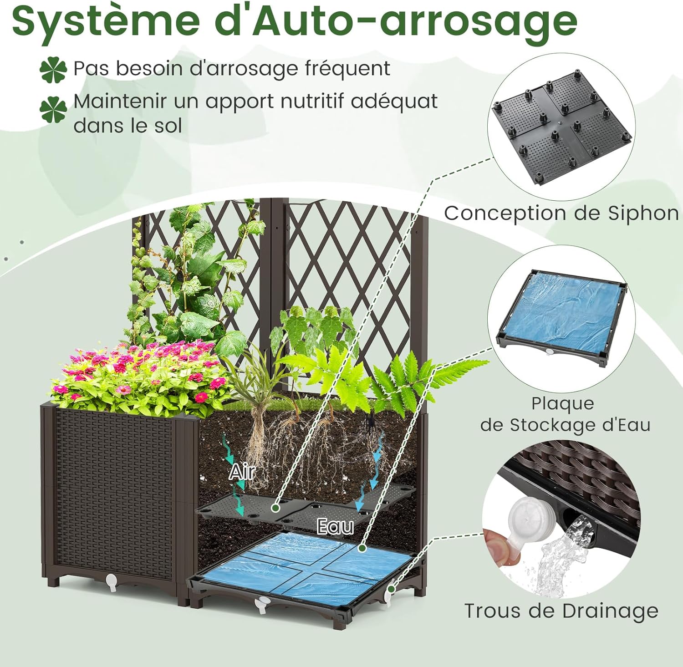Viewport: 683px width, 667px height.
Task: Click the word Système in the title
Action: (x=106, y=21)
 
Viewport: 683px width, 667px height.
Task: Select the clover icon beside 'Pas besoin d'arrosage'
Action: (x=53, y=70)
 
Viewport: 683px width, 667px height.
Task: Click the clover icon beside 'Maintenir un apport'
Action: (x=53, y=109)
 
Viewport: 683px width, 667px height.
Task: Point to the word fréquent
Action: (x=347, y=69)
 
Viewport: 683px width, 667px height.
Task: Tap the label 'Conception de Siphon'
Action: (x=561, y=213)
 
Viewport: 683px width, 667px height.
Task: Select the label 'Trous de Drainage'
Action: (x=561, y=611)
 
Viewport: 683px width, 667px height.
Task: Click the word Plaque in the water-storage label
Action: (x=563, y=404)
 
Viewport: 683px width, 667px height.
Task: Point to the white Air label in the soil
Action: (x=242, y=472)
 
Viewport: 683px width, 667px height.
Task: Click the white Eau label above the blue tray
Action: (x=335, y=527)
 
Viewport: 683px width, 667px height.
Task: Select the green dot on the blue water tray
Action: (x=362, y=548)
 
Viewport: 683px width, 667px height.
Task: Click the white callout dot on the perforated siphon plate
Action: (x=275, y=507)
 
